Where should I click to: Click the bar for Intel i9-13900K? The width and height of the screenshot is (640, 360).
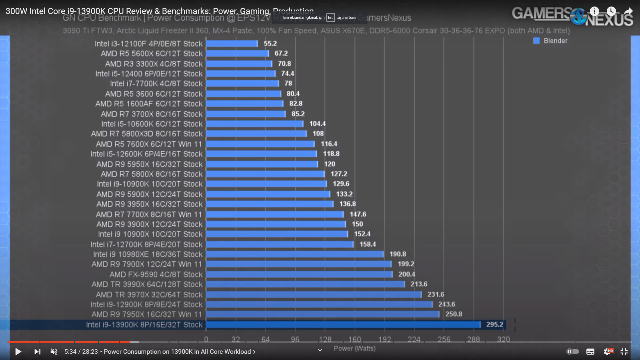343,325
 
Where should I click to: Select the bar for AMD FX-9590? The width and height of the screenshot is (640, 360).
299,274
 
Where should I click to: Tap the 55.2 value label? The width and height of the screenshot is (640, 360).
270,43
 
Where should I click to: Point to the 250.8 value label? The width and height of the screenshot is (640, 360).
454,314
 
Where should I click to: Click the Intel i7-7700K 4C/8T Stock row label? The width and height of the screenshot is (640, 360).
156,84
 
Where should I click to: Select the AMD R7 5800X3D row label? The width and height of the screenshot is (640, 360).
147,134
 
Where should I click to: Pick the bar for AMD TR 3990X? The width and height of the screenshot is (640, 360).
305,284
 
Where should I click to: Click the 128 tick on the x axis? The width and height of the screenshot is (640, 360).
325,339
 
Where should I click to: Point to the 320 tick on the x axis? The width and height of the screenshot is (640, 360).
503,339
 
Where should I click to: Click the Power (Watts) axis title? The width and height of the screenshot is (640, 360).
355,348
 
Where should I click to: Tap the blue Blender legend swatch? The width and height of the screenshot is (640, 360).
536,41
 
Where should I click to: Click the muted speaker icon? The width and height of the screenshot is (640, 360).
54,352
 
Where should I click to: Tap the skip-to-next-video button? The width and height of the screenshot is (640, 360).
37,352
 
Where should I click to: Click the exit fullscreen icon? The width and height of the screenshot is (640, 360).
624,351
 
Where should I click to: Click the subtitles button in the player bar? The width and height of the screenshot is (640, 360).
590,352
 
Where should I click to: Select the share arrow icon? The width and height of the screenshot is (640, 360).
628,12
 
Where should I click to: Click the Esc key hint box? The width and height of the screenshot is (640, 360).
330,18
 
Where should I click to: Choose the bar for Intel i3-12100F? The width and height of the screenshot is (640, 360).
232,44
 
